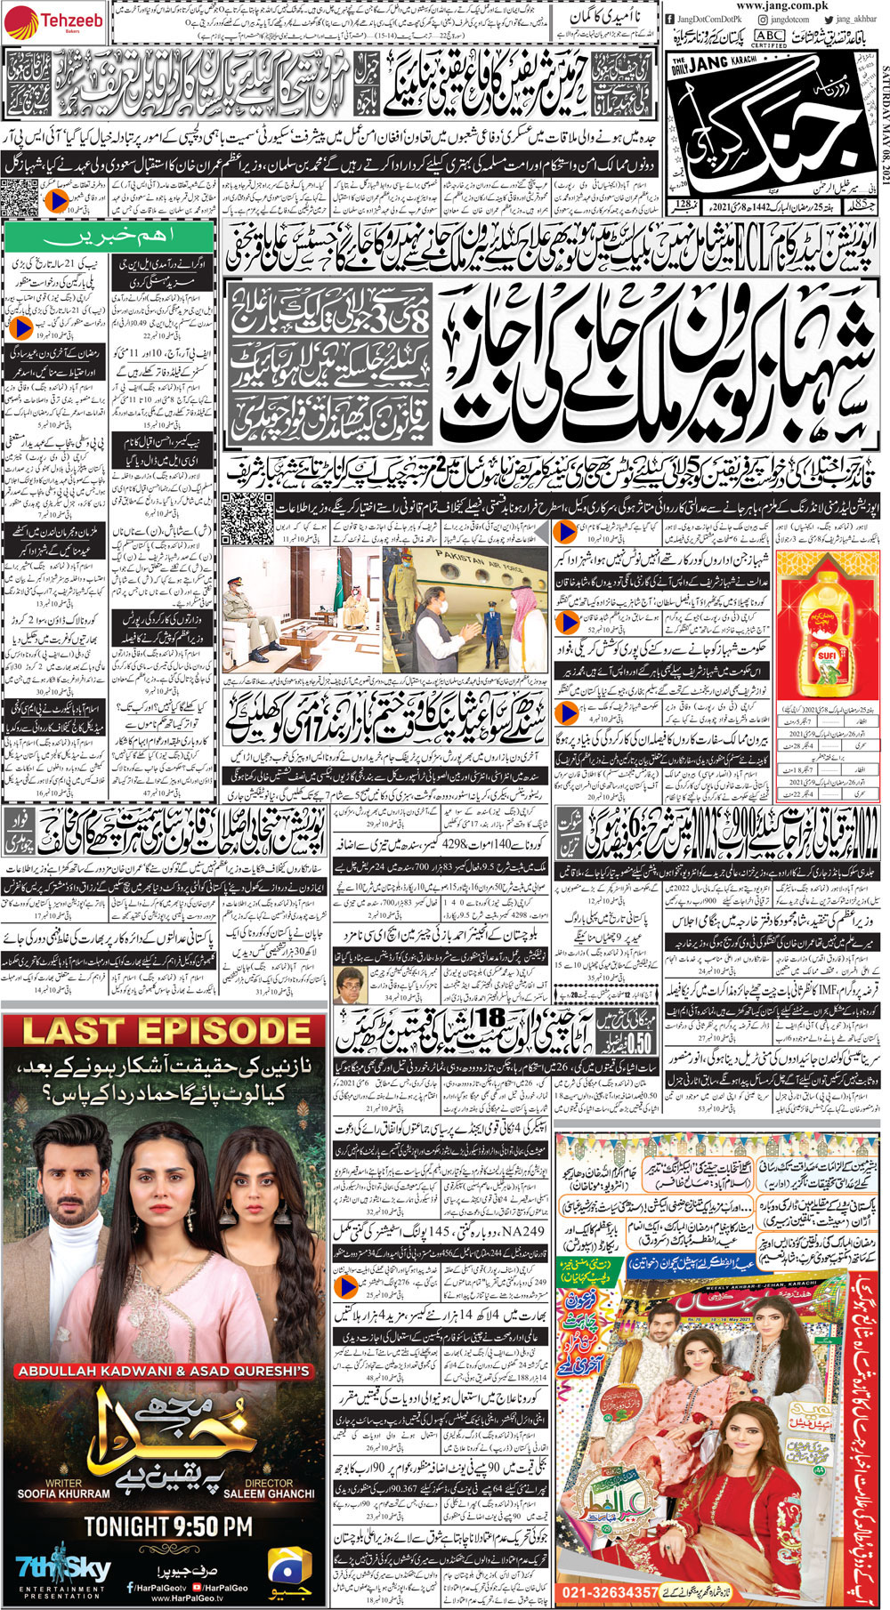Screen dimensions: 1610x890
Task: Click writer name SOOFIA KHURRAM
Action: [x=64, y=1493]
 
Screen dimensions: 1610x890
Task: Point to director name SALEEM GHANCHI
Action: [x=268, y=1493]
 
